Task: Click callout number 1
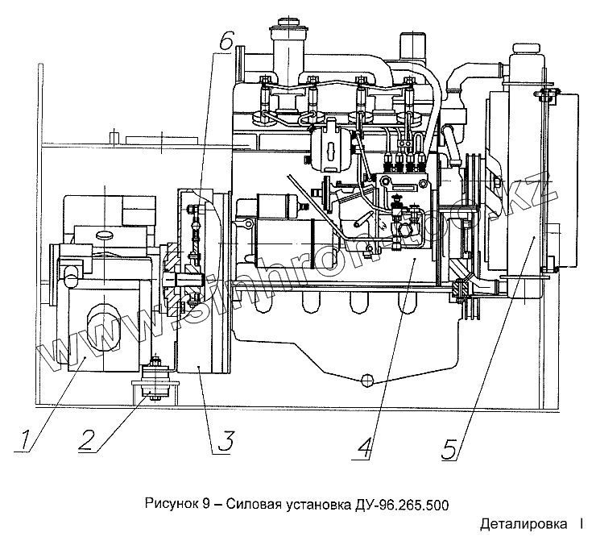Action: click(27, 440)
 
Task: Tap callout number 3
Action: click(226, 441)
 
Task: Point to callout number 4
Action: click(365, 446)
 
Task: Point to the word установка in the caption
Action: click(316, 505)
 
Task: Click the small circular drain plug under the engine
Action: click(367, 380)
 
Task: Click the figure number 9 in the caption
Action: click(206, 505)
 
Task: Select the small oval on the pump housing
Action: click(106, 235)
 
